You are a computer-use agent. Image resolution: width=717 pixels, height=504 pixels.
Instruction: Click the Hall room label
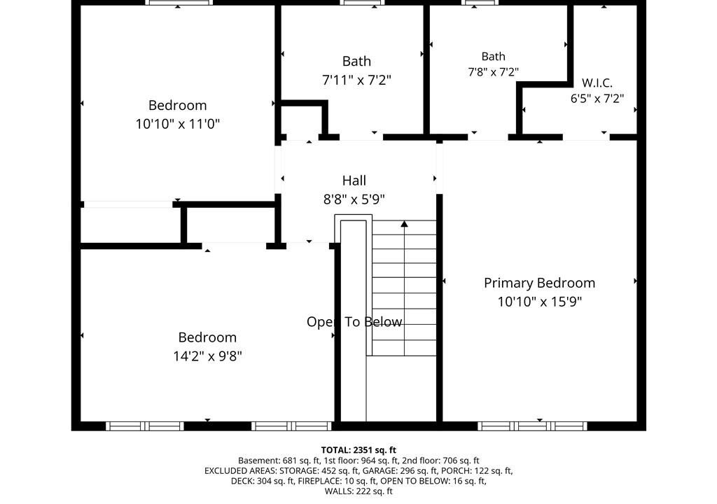pyautogui.click(x=354, y=181)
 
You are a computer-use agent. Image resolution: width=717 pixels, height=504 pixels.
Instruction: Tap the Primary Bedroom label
pyautogui.click(x=540, y=283)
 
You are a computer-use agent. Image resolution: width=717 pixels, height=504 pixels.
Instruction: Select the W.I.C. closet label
pyautogui.click(x=597, y=83)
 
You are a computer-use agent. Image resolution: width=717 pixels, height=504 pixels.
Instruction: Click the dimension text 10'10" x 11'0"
pyautogui.click(x=177, y=123)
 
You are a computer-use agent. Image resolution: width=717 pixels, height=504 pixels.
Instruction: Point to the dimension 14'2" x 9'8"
pyautogui.click(x=207, y=356)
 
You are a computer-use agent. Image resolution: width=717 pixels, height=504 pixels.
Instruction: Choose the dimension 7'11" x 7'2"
pyautogui.click(x=356, y=80)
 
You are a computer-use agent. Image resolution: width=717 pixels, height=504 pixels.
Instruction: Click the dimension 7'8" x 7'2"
pyautogui.click(x=493, y=72)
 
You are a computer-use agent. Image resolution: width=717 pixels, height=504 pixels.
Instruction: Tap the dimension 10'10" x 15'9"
pyautogui.click(x=540, y=302)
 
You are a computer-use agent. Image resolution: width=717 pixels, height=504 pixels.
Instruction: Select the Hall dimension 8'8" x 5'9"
pyautogui.click(x=354, y=199)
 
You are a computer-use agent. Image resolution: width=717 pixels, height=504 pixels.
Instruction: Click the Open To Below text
pyautogui.click(x=354, y=322)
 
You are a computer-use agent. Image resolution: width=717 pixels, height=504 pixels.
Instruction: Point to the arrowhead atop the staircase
pyautogui.click(x=404, y=223)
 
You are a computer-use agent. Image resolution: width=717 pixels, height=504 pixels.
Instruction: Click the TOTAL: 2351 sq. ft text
pyautogui.click(x=358, y=450)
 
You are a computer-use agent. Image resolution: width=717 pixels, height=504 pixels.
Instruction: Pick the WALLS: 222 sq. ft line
pyautogui.click(x=358, y=491)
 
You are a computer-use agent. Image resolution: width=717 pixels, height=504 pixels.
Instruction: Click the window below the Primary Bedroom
pyautogui.click(x=532, y=426)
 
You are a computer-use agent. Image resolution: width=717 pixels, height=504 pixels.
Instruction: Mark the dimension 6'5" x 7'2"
pyautogui.click(x=597, y=98)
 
